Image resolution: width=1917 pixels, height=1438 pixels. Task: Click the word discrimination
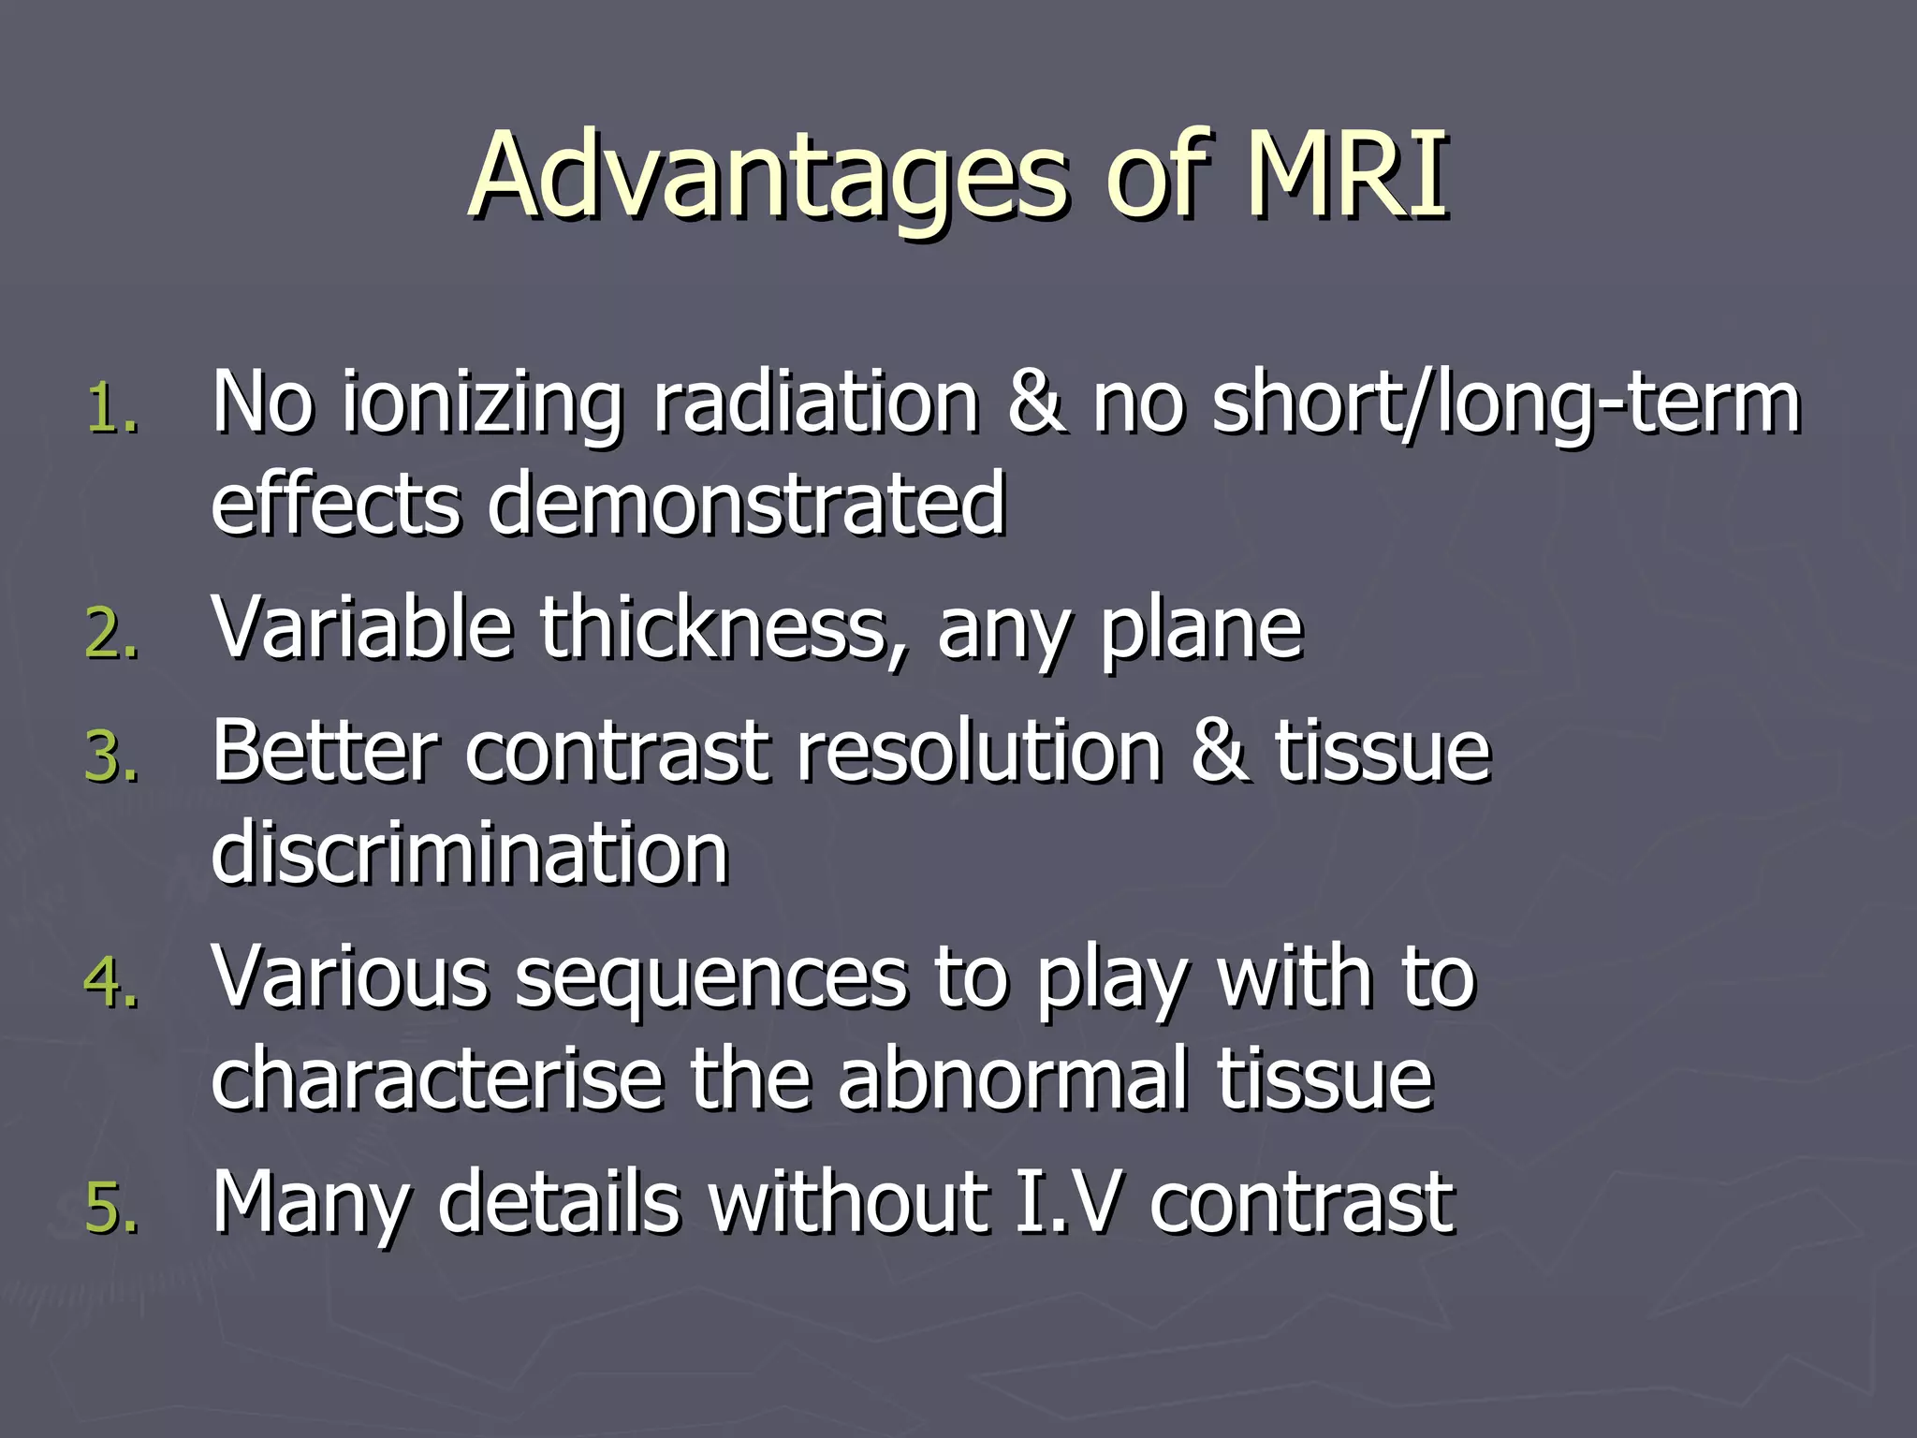point(469,852)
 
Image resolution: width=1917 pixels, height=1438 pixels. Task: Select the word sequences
point(711,979)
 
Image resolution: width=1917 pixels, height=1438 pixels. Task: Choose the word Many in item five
point(310,1204)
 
